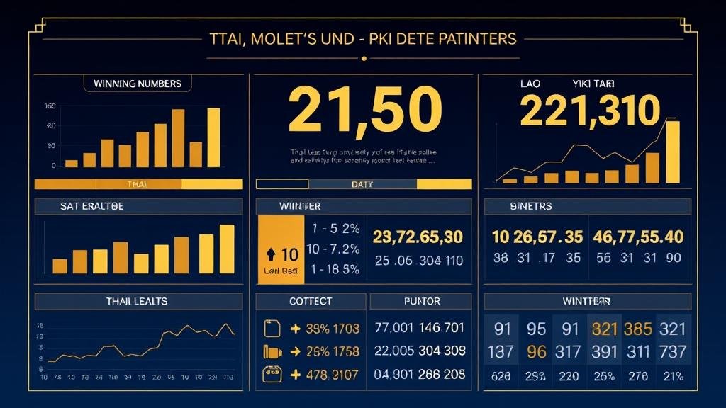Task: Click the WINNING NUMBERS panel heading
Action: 138,84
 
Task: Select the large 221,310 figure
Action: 590,111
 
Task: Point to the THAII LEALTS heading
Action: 137,301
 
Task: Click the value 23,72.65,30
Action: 418,237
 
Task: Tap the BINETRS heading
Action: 530,206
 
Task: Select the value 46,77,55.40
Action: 638,237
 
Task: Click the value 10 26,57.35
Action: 537,237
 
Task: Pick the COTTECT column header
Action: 311,301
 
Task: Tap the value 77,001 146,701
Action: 419,328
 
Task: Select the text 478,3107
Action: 325,375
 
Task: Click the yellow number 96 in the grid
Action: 537,351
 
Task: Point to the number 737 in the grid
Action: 672,351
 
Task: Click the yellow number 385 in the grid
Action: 637,329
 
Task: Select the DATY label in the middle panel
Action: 362,184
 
